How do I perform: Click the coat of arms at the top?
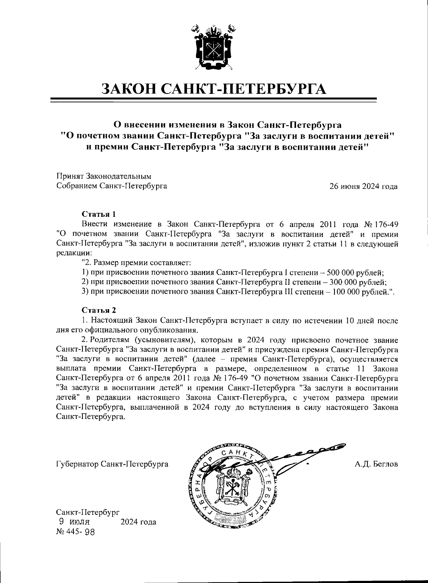(x=214, y=47)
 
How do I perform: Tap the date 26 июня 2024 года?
(x=364, y=186)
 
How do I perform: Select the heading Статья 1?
(x=99, y=214)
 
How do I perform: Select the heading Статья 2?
(x=99, y=310)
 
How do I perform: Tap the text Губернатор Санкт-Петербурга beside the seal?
(x=112, y=465)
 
